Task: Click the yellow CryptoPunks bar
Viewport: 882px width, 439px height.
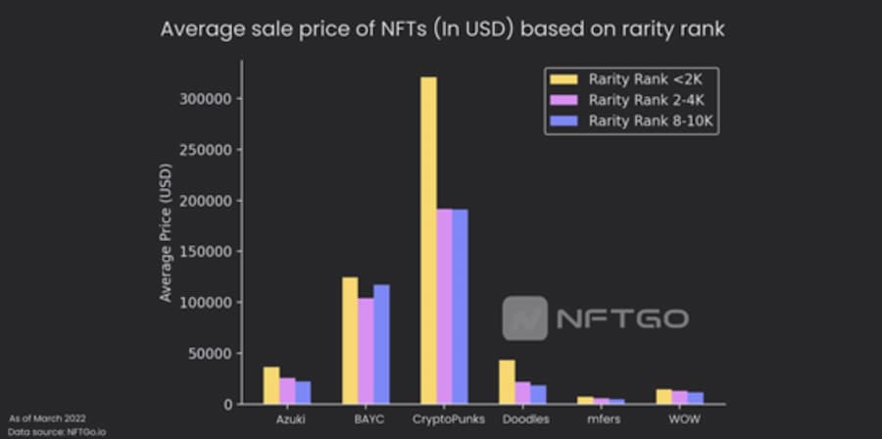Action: (428, 240)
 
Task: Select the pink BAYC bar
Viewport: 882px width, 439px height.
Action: (366, 351)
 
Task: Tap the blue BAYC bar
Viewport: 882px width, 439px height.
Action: (381, 344)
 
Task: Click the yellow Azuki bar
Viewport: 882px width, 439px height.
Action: (271, 385)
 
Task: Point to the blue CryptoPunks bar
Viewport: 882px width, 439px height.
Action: (460, 306)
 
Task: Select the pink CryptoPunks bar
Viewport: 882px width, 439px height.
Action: (444, 306)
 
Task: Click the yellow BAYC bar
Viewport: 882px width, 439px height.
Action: (350, 340)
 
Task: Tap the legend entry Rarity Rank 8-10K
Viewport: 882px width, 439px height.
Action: (631, 122)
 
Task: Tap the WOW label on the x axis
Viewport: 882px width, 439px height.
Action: (678, 419)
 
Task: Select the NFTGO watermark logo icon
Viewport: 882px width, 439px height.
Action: (525, 318)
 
